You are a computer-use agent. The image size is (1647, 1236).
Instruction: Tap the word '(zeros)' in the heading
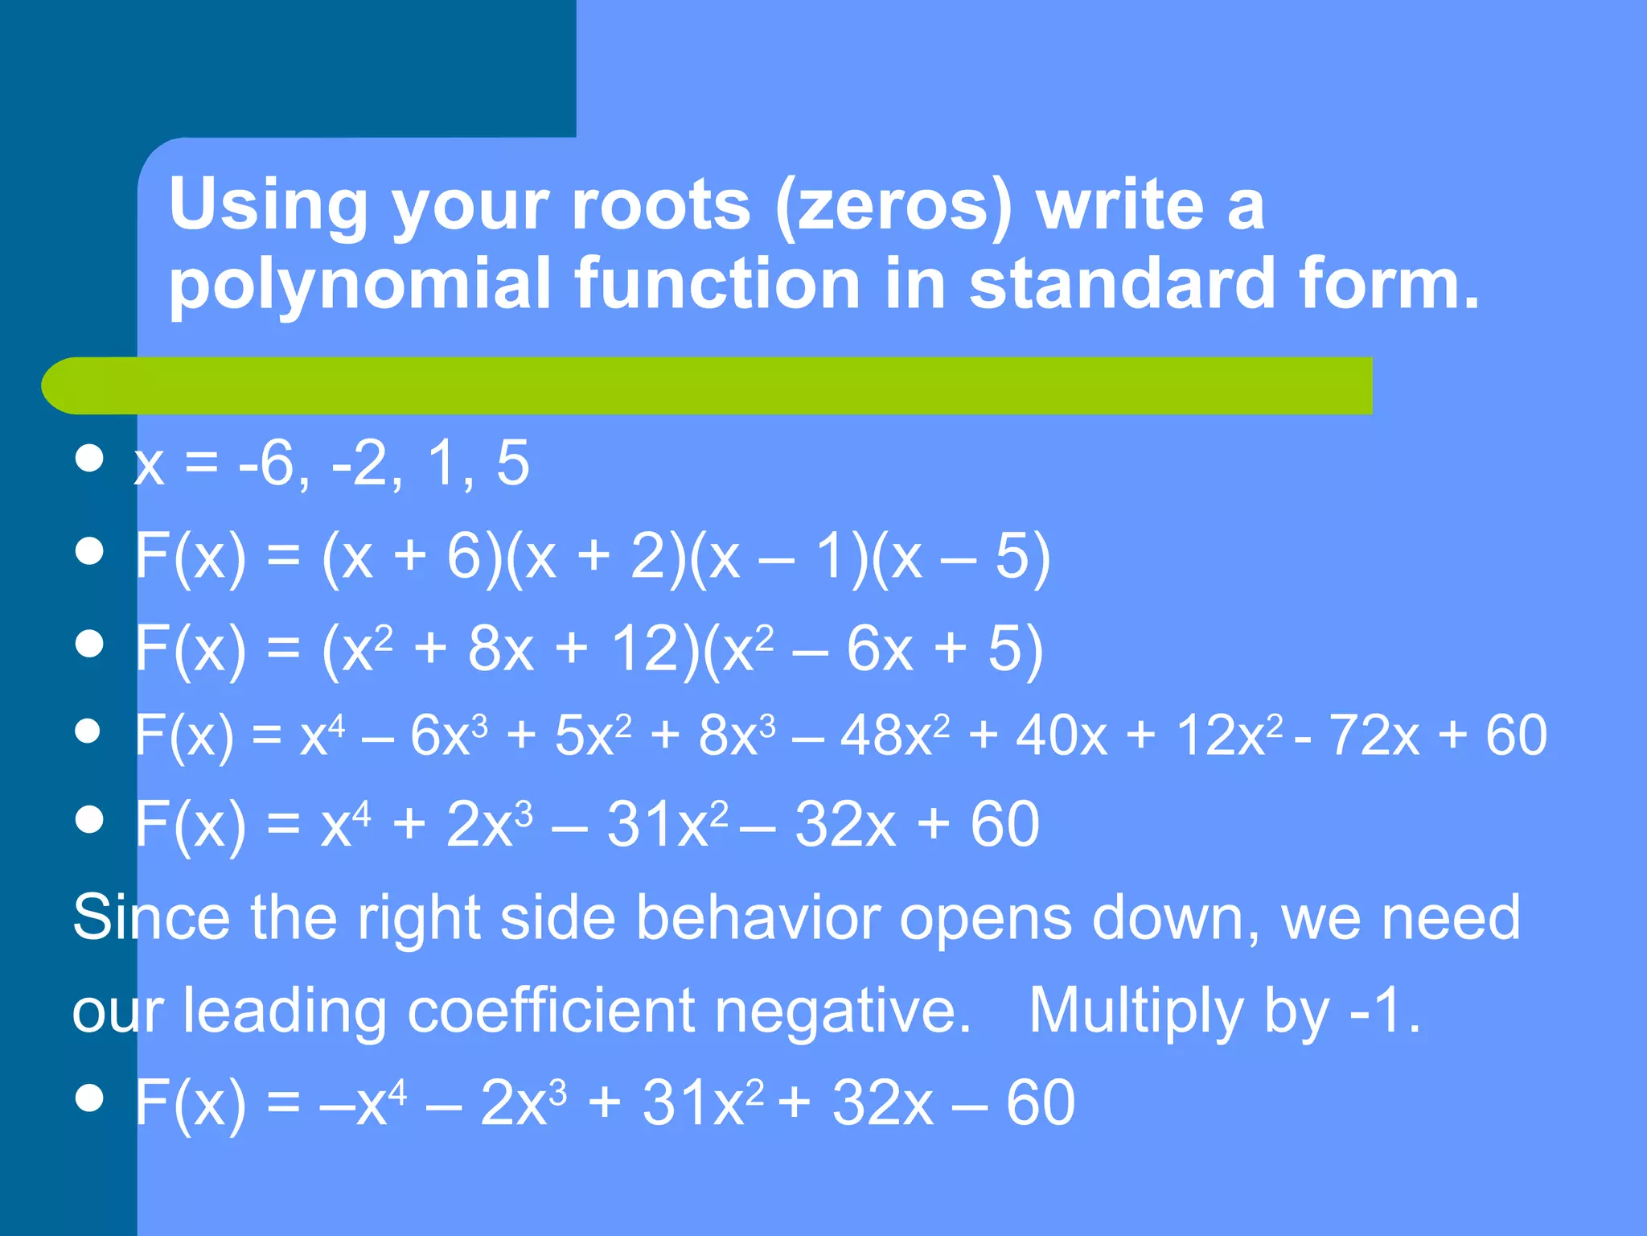point(893,206)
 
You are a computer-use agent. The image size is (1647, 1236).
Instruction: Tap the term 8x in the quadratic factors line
point(500,649)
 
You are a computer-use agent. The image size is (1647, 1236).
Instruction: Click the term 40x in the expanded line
point(1062,735)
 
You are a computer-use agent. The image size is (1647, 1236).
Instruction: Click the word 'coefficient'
point(551,1011)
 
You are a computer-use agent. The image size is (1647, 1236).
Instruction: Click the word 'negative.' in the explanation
point(844,1011)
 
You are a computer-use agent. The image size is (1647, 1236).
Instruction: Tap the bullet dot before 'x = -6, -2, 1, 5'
point(88,459)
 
